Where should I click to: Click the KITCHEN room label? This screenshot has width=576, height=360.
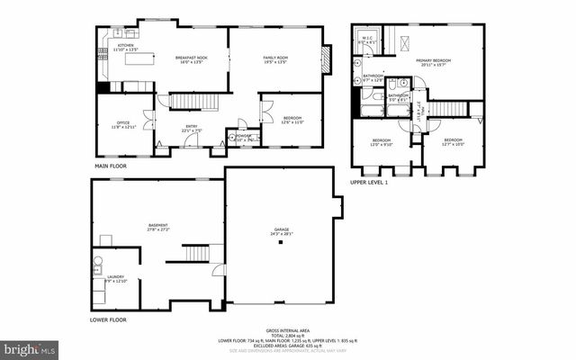click(125, 46)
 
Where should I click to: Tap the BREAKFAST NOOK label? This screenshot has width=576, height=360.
click(189, 58)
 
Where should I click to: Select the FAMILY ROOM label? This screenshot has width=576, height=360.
click(275, 58)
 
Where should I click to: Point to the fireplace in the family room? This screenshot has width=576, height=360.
click(326, 58)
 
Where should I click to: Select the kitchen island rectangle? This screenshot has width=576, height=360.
click(137, 86)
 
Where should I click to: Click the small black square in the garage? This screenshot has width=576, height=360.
click(281, 241)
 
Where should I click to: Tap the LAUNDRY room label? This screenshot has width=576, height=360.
click(117, 278)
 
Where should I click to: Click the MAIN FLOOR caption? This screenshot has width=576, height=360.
click(111, 167)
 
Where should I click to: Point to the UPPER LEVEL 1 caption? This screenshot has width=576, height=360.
click(368, 183)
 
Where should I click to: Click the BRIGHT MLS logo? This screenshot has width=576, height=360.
click(30, 347)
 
